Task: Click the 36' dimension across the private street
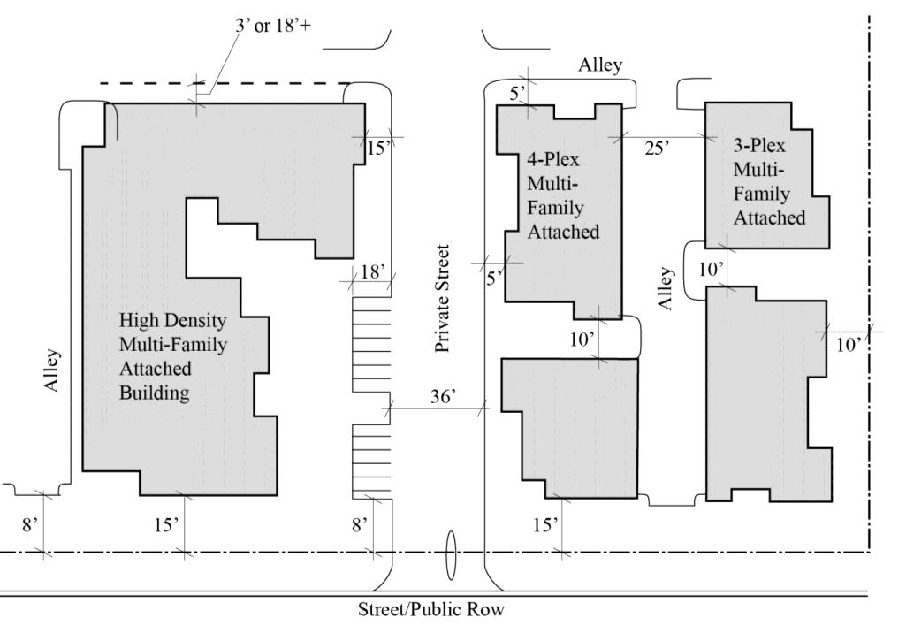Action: [443, 396]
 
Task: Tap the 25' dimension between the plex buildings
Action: [657, 148]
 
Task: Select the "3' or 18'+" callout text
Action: [273, 26]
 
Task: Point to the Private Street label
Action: [442, 299]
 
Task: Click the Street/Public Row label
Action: [431, 609]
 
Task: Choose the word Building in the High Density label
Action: [155, 393]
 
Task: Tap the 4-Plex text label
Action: [553, 159]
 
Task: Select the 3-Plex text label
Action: [759, 145]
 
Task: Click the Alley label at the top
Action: [600, 65]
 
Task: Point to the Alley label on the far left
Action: [52, 370]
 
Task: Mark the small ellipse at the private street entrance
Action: [452, 555]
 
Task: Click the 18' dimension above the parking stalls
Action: [373, 271]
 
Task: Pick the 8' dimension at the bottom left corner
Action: [29, 525]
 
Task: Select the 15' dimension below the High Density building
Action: [166, 525]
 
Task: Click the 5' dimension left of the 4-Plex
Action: [494, 279]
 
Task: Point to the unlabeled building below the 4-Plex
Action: [570, 428]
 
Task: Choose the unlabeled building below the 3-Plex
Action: [769, 394]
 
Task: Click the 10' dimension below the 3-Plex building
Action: [710, 270]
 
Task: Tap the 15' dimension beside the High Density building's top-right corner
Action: [378, 148]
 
